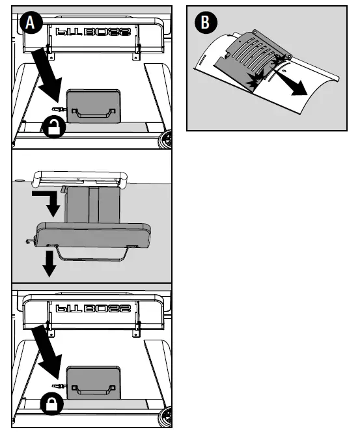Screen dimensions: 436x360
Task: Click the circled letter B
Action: (205, 23)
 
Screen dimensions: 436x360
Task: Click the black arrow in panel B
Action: (297, 84)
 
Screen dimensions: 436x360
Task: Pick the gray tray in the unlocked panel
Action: (92, 107)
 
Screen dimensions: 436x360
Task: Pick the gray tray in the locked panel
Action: (92, 384)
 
